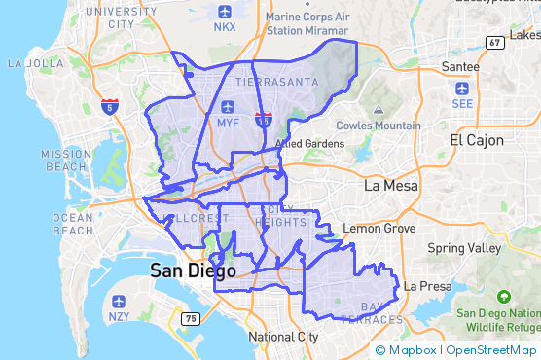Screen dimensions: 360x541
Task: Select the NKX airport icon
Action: point(226,12)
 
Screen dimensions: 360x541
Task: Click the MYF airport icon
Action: point(228,107)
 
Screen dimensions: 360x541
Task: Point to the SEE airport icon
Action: point(462,87)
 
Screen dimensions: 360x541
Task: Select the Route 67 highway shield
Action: point(494,42)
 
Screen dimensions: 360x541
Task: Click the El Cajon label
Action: point(477,140)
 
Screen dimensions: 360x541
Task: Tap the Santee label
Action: point(460,65)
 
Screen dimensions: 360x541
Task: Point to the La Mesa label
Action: point(390,185)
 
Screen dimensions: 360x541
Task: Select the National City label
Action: point(283,337)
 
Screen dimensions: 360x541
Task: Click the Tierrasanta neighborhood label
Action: point(276,82)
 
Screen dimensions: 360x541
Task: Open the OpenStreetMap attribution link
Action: point(491,350)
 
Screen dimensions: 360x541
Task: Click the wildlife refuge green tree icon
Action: point(504,296)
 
